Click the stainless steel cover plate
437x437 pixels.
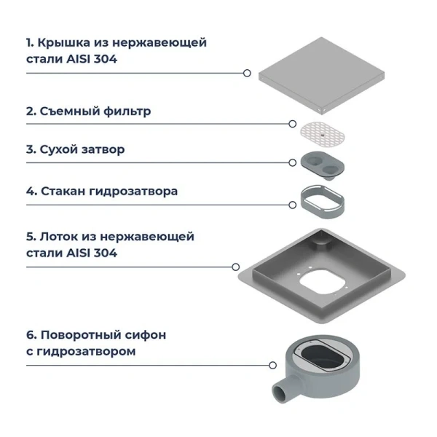click(x=328, y=73)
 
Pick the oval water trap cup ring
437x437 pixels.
click(x=321, y=200)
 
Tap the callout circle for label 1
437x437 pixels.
click(x=247, y=73)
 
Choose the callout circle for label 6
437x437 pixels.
click(x=272, y=366)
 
